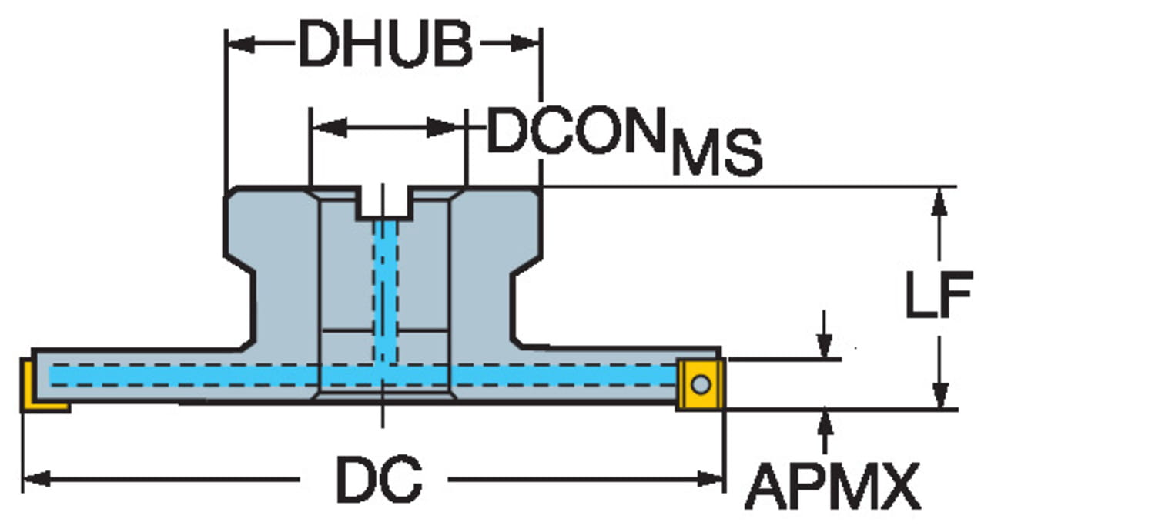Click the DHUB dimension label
385,45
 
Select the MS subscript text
715,154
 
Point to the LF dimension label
938,294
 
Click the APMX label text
832,486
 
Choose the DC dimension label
378,480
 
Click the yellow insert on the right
701,383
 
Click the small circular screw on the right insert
700,383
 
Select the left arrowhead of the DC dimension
35,480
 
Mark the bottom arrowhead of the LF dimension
939,396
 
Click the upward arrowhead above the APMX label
825,422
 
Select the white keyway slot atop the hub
384,202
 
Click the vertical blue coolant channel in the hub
384,285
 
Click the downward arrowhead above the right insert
825,347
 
